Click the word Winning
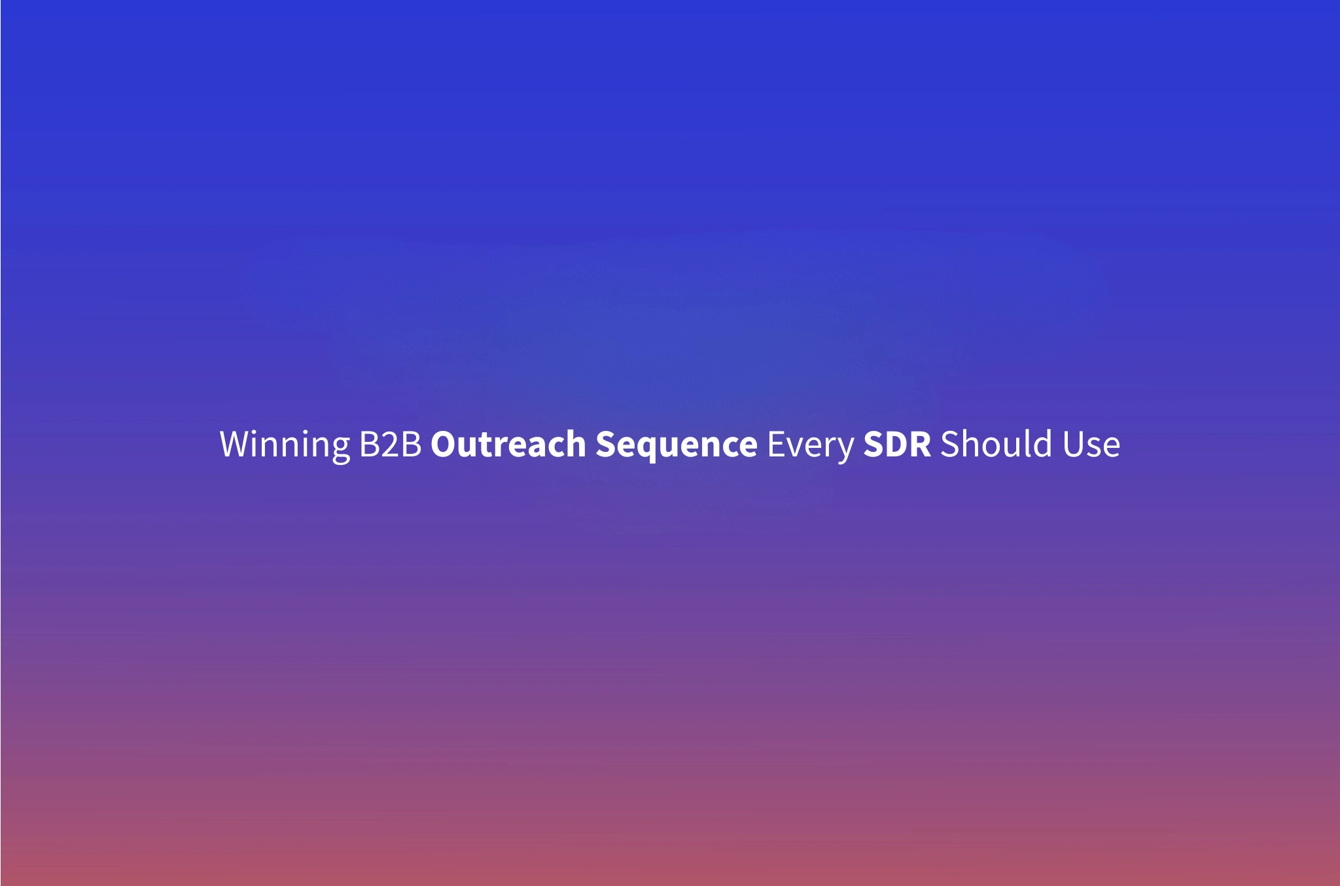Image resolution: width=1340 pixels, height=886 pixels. tap(285, 445)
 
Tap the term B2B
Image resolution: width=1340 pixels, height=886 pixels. tap(391, 445)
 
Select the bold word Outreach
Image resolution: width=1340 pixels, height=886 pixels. tap(508, 445)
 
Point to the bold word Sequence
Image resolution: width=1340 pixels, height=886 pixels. tap(676, 445)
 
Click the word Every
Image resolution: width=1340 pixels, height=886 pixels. tap(810, 445)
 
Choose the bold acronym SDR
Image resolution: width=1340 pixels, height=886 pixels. tap(897, 445)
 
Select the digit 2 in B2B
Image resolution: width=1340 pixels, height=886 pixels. tap(391, 445)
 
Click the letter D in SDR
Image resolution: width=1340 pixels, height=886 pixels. tap(896, 445)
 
